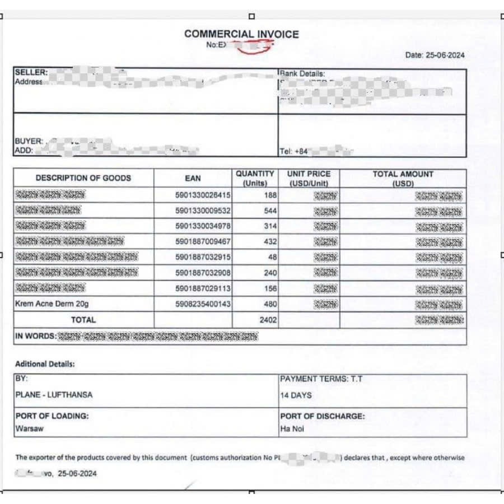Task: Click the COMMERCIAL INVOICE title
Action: [x=241, y=34]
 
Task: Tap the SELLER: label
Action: [x=31, y=73]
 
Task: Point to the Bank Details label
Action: [x=302, y=73]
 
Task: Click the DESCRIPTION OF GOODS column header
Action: [x=83, y=178]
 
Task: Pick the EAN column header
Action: [x=193, y=178]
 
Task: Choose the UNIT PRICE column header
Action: [x=309, y=178]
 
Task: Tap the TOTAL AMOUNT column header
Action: [x=403, y=178]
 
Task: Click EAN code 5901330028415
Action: [x=203, y=195]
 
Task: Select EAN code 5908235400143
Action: [x=203, y=304]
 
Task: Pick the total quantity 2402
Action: [x=268, y=320]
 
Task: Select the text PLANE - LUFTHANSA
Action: [x=54, y=395]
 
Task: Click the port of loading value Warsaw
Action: [x=29, y=429]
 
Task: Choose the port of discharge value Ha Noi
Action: [x=292, y=429]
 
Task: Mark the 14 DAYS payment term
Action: [x=296, y=395]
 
